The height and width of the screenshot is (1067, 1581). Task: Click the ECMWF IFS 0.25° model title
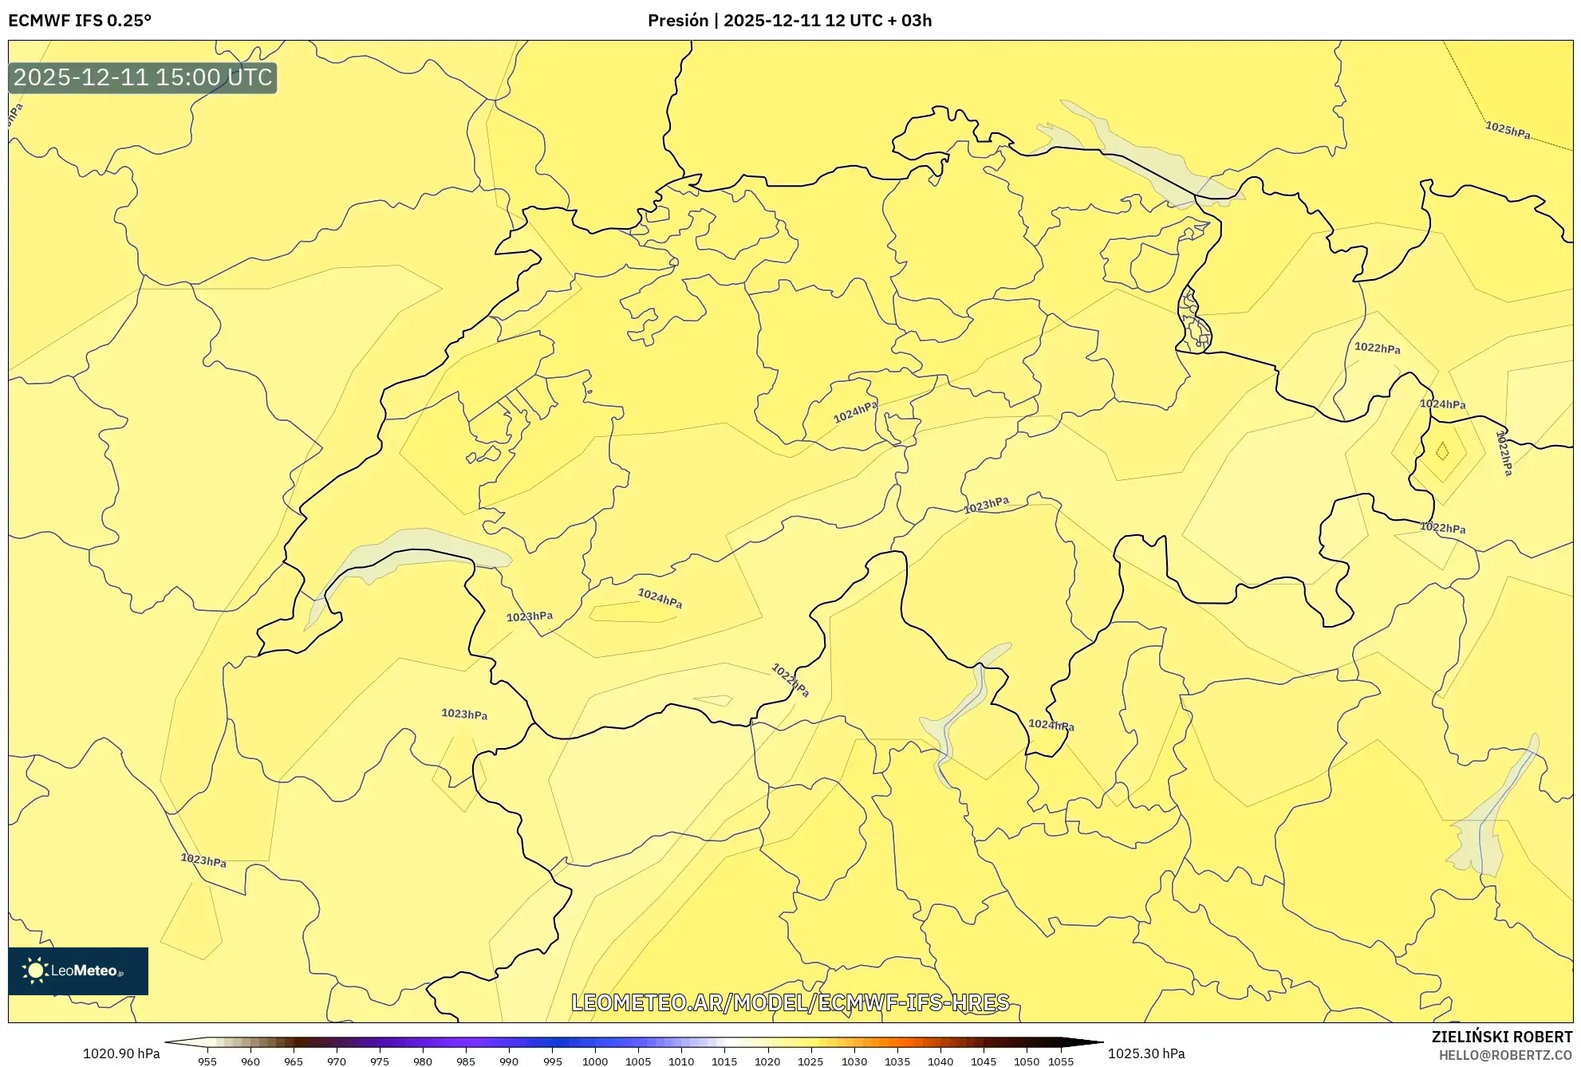[x=80, y=21]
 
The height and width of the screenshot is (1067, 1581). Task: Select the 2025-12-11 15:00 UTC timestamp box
[x=143, y=77]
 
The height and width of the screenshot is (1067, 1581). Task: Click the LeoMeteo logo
[x=78, y=971]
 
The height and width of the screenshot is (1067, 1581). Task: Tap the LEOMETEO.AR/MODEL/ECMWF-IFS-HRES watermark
[x=790, y=1002]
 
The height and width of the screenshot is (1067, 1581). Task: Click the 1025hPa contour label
[x=1507, y=130]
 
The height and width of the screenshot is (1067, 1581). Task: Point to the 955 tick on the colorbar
[x=207, y=1061]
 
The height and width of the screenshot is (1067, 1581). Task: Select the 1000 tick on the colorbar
[x=594, y=1061]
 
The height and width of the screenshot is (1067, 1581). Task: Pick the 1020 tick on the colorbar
[x=767, y=1061]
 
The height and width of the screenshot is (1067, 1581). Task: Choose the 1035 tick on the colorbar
[x=897, y=1061]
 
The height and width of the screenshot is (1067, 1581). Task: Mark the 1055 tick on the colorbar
[x=1061, y=1061]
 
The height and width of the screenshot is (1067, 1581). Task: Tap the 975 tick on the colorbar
[x=380, y=1061]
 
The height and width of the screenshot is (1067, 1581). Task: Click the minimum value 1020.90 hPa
[x=121, y=1053]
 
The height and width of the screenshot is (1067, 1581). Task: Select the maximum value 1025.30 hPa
[x=1146, y=1053]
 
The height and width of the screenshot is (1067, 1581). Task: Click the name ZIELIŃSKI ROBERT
[x=1501, y=1037]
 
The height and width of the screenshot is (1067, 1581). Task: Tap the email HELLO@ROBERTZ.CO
[x=1504, y=1055]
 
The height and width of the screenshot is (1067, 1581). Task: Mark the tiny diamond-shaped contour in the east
[x=1442, y=451]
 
